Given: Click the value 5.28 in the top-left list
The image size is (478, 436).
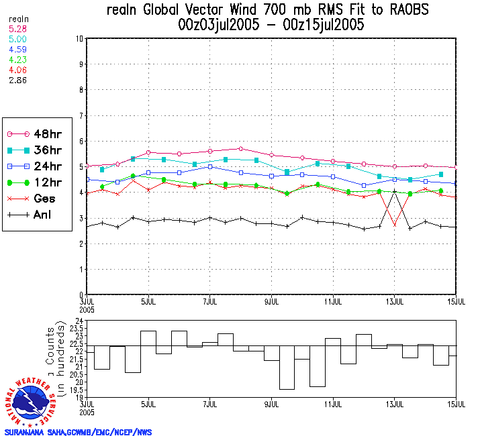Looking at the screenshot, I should point(17,29).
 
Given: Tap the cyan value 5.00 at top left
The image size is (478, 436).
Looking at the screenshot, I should point(17,39).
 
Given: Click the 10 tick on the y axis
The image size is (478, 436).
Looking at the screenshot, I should point(79,39).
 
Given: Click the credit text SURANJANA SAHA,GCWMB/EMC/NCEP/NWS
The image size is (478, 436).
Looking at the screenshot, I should point(78,432).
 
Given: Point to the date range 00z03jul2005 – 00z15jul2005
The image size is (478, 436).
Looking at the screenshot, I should point(267,25).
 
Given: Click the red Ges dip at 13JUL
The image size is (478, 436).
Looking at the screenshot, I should point(395,224).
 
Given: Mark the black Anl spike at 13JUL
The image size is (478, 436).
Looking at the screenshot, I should point(395,192).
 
